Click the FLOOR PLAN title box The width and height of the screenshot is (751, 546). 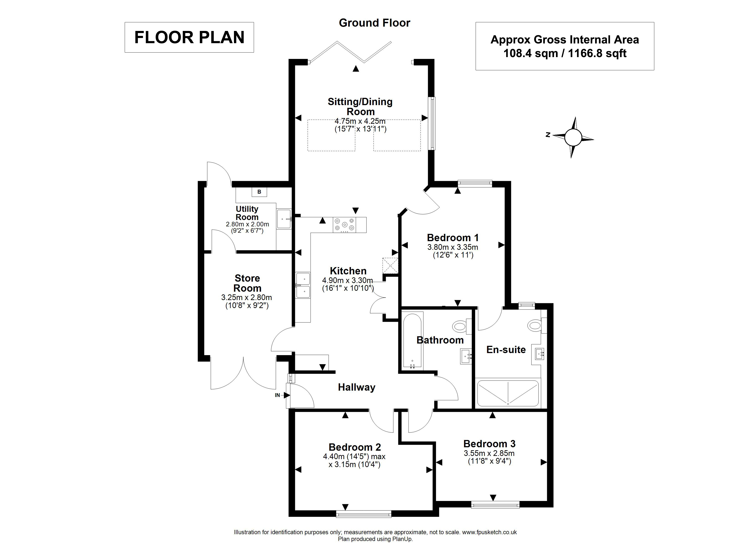tap(189, 37)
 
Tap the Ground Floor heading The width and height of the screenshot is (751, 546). tap(375, 23)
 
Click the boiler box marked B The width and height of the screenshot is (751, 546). tap(259, 192)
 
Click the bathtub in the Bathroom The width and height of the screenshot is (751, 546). tap(412, 340)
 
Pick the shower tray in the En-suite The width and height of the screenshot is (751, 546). tap(508, 393)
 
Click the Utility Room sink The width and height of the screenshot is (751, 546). tap(284, 219)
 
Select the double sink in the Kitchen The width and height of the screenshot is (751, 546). tap(303, 285)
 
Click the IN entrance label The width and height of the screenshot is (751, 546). tap(277, 395)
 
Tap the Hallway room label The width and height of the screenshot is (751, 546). tap(357, 387)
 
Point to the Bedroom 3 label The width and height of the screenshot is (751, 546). tap(490, 444)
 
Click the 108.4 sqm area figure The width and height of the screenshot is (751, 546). tap(530, 53)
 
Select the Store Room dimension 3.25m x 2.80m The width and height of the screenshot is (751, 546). tap(247, 297)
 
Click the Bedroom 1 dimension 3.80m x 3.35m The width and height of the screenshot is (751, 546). tap(453, 247)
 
